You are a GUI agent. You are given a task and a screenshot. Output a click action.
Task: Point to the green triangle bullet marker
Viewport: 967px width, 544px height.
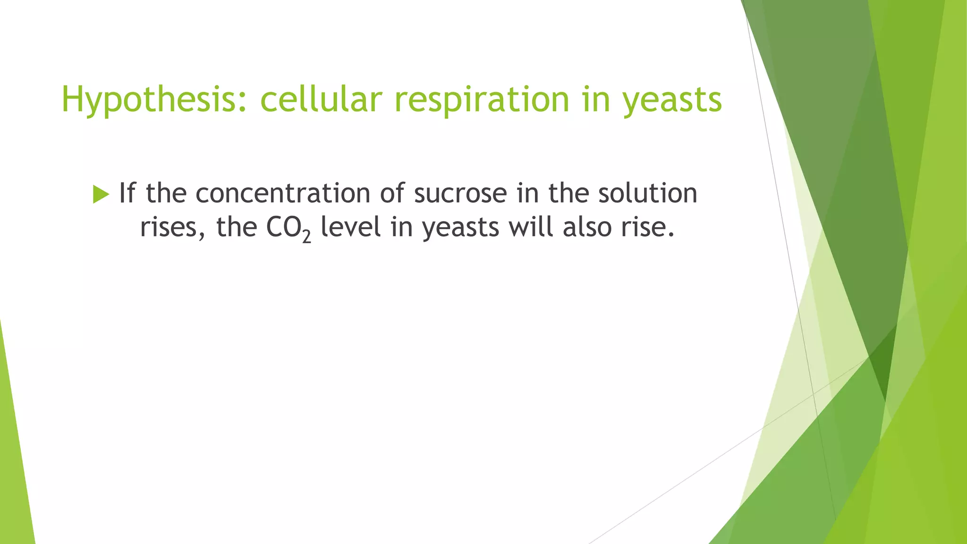point(101,194)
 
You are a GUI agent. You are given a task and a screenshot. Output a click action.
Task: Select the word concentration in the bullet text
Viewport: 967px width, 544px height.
point(282,193)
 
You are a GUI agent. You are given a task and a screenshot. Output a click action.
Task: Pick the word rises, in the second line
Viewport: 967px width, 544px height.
point(172,228)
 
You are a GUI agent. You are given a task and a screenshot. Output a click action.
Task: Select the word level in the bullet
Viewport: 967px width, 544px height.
point(350,227)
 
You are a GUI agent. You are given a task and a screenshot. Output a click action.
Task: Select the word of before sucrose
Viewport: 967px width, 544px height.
point(392,193)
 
